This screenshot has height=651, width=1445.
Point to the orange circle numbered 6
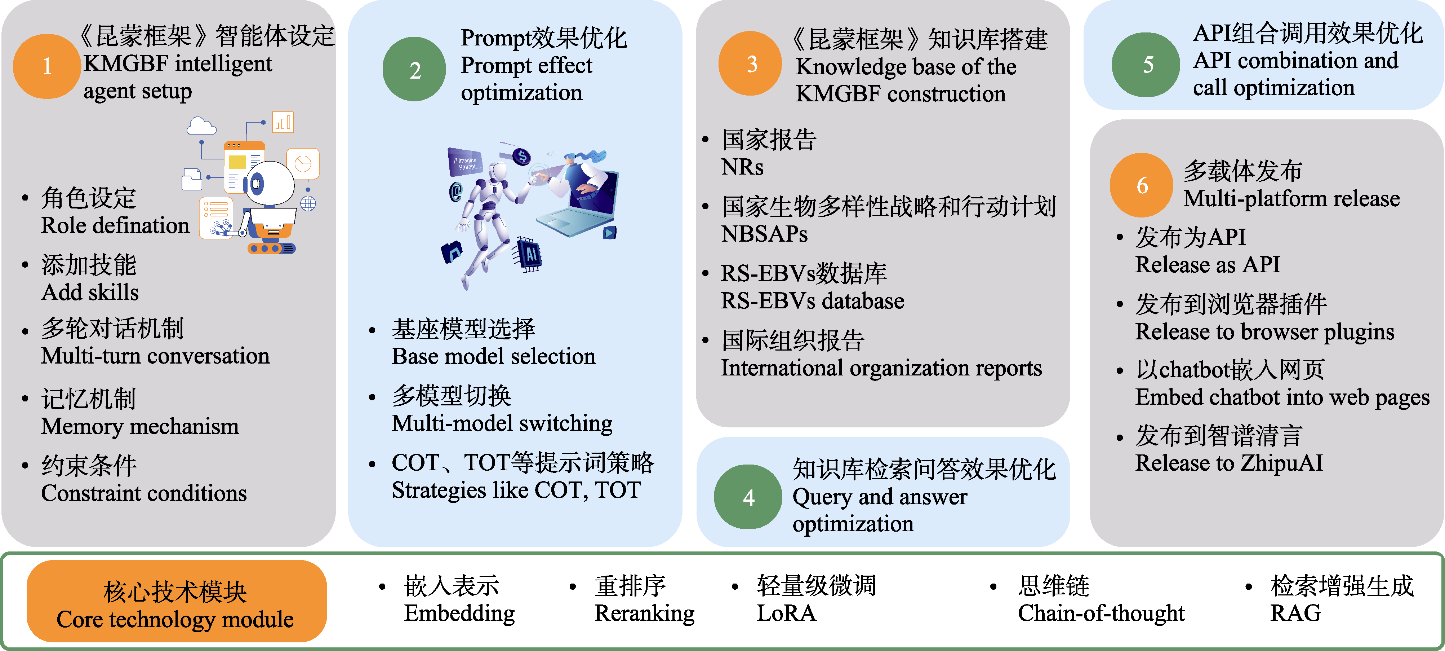click(1142, 185)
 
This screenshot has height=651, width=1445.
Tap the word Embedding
click(459, 613)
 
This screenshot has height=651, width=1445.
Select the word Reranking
click(645, 613)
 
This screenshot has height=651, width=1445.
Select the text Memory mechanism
click(140, 427)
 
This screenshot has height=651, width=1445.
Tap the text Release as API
click(1208, 265)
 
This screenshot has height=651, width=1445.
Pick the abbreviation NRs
click(742, 167)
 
